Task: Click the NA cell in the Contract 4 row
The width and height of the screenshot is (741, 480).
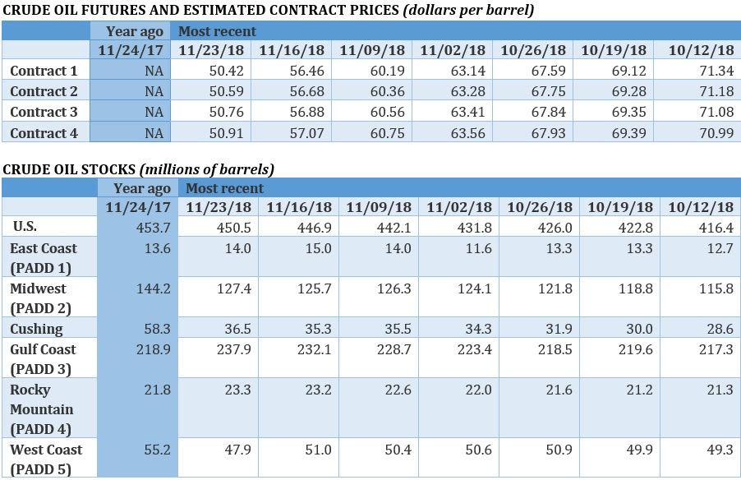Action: (x=154, y=132)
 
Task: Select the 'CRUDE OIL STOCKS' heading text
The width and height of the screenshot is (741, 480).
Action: (x=68, y=170)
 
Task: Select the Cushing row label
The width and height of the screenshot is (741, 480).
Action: (x=36, y=329)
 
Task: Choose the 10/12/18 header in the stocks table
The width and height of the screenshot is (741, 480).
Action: (x=701, y=207)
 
